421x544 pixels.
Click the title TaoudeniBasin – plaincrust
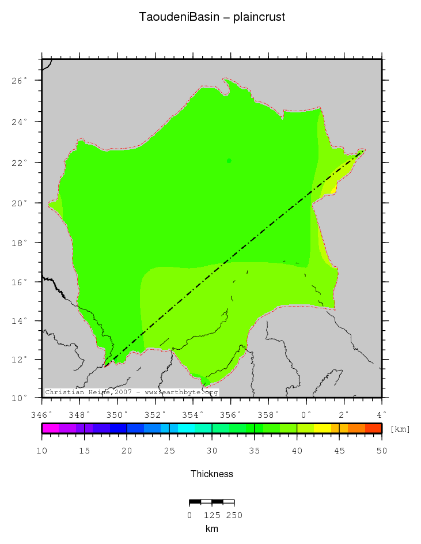pos(211,17)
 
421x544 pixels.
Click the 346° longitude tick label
pos(42,414)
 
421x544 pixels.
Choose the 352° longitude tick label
pos(155,414)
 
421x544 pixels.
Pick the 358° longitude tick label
pos(268,414)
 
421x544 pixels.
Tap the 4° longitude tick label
pos(381,414)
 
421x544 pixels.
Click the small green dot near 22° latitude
pos(229,161)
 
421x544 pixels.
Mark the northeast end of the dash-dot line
pos(363,151)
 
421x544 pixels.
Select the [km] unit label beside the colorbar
pos(400,429)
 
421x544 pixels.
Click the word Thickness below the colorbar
pos(212,474)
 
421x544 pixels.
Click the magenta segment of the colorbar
pos(50,428)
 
